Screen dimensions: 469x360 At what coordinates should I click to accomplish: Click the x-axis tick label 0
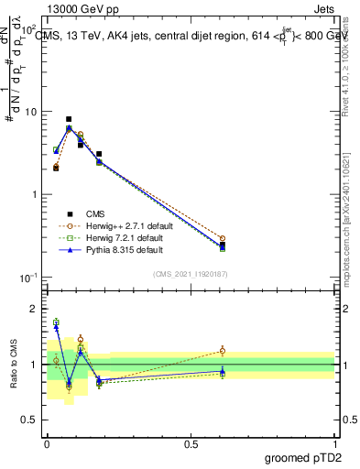point(47,442)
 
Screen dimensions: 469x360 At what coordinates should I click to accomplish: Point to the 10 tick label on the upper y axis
point(30,112)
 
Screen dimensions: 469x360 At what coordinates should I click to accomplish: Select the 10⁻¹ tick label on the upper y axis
point(28,278)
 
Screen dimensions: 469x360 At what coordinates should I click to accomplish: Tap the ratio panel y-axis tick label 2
point(35,309)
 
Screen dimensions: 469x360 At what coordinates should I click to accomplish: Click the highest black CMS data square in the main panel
point(69,119)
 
